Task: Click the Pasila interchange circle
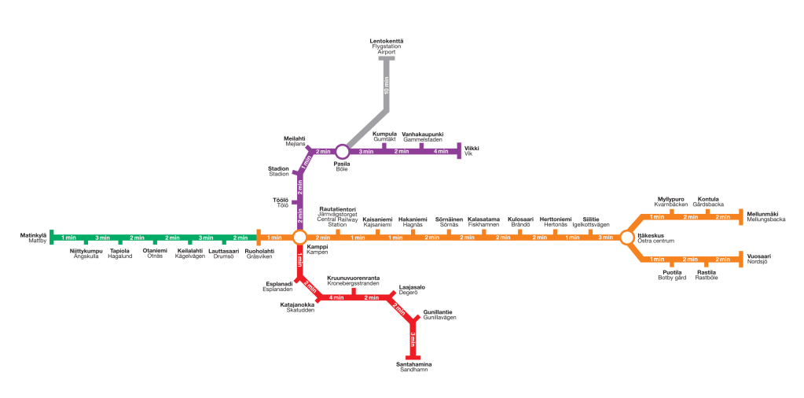(x=342, y=151)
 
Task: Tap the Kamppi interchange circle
(x=299, y=238)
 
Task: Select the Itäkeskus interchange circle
(x=626, y=238)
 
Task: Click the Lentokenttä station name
(x=386, y=41)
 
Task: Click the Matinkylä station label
(x=33, y=235)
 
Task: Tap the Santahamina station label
(x=413, y=364)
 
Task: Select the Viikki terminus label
(x=472, y=149)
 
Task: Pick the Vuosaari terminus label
(x=758, y=256)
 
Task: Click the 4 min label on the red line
(x=336, y=297)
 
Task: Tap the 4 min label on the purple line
(x=440, y=151)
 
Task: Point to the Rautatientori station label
(x=337, y=209)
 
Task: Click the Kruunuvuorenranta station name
(x=353, y=278)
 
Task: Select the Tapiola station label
(x=119, y=251)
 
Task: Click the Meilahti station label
(x=294, y=138)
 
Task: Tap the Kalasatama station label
(x=483, y=219)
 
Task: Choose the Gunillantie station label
(x=438, y=312)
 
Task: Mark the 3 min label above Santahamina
(x=413, y=341)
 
